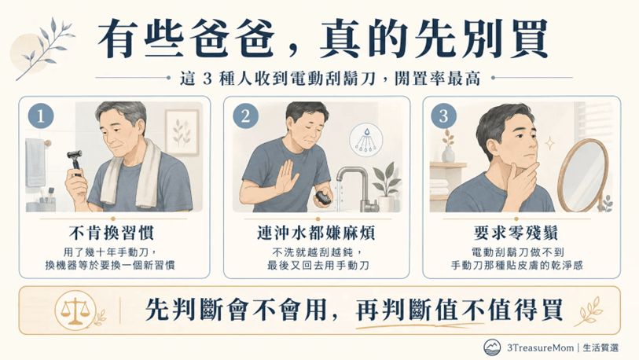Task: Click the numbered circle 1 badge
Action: (41, 116)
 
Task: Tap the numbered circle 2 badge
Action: (245, 116)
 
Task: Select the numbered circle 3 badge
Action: (444, 116)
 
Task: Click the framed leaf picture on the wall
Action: (182, 132)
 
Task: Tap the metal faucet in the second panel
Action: (355, 188)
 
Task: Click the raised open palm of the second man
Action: (285, 178)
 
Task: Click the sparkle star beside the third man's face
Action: (549, 144)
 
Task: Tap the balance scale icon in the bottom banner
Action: (75, 310)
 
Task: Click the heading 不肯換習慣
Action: (112, 233)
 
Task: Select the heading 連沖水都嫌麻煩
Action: (316, 233)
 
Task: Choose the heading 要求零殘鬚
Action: (516, 233)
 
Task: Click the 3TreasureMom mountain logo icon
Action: (492, 347)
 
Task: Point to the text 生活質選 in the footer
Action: (600, 347)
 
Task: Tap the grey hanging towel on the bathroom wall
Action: (35, 162)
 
